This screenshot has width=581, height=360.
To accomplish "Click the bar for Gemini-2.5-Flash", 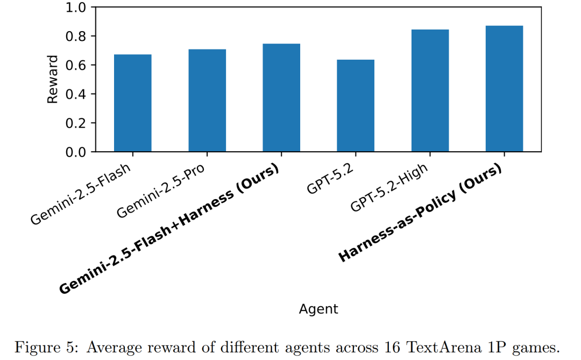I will tap(132, 103).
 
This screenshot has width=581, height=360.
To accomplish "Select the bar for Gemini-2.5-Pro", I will tap(207, 101).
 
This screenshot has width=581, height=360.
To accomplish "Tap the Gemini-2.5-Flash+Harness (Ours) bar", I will tap(281, 98).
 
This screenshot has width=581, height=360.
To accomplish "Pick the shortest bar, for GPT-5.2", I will tap(356, 106).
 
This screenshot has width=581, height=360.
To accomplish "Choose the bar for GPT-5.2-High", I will tap(430, 91).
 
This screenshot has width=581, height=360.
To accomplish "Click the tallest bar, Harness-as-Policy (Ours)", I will tap(504, 89).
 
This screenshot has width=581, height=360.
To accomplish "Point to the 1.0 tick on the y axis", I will tap(75, 8).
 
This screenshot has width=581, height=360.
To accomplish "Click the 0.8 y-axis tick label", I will tap(75, 37).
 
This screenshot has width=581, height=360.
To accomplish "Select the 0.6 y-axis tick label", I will tap(75, 65).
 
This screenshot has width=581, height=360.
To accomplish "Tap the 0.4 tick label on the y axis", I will tap(75, 94).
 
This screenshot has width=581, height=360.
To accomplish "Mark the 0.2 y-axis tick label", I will tap(75, 123).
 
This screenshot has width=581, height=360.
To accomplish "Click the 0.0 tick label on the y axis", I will tap(75, 152).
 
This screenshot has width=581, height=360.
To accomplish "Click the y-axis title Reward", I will tap(53, 80).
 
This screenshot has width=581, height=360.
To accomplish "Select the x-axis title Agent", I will tap(318, 309).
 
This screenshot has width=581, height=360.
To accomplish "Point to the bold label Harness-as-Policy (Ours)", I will tap(420, 214).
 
